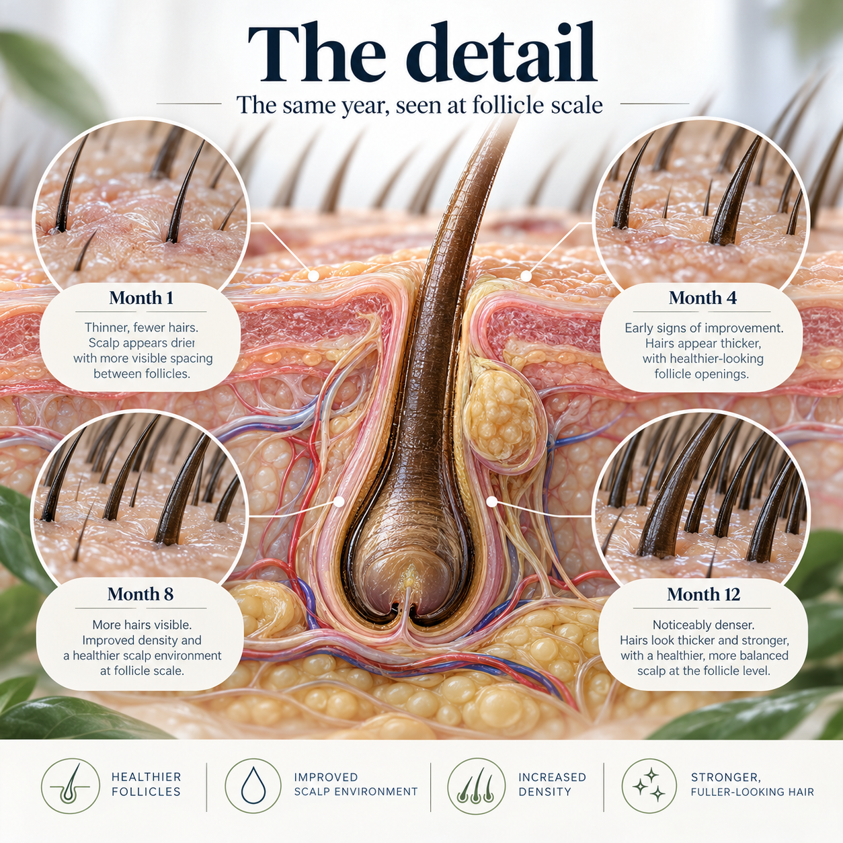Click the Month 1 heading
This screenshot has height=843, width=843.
(141, 298)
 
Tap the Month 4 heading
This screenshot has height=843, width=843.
(702, 298)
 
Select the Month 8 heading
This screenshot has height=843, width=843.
(140, 594)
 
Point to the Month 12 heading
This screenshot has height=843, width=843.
(703, 594)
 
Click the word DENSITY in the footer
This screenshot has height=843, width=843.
(545, 792)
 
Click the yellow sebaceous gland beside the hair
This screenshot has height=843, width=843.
(501, 417)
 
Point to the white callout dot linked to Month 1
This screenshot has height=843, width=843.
(313, 276)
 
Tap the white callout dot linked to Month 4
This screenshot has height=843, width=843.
(526, 276)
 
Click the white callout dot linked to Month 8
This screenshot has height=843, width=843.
(339, 501)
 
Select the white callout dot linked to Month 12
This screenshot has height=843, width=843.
(492, 501)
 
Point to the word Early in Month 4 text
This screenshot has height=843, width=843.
(637, 328)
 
